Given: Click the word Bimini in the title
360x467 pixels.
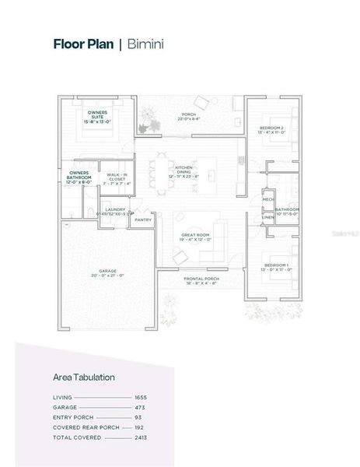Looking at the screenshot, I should click(145, 44).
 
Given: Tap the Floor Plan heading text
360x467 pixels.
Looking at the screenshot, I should click(83, 44).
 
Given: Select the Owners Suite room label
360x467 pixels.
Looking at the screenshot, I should click(97, 117).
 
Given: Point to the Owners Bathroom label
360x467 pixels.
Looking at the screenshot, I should click(79, 177).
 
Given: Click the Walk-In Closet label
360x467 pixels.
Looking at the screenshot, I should click(117, 179).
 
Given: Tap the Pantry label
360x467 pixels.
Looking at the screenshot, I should click(142, 220).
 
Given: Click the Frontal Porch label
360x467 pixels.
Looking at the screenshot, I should click(201, 281).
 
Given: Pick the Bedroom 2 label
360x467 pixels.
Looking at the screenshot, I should click(271, 129).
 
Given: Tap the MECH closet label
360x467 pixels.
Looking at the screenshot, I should click(267, 199).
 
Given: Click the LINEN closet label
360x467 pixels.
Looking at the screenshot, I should click(267, 217).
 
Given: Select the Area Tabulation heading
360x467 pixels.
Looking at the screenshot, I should click(84, 377).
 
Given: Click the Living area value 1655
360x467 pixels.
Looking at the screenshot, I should click(140, 397).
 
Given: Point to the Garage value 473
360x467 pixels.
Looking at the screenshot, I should click(141, 407).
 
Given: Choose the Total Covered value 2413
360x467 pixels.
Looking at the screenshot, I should click(140, 437).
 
